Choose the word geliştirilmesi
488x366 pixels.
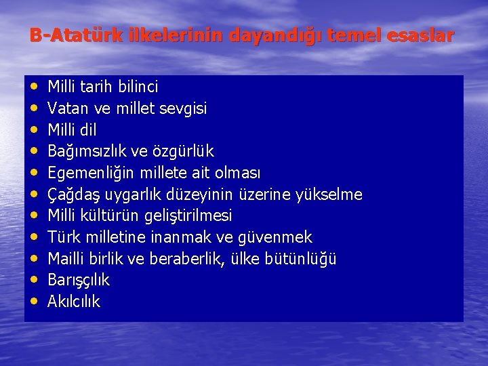(188, 216)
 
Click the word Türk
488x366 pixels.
(63, 237)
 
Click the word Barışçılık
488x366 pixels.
(79, 281)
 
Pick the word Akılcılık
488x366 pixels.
(74, 302)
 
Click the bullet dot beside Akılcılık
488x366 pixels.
(34, 302)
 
